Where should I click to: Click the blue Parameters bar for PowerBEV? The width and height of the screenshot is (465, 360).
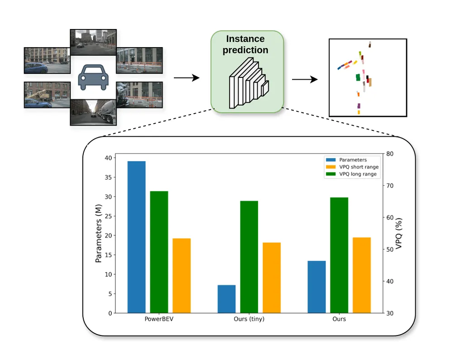tap(136, 237)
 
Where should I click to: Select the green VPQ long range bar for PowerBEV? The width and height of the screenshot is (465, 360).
tap(159, 252)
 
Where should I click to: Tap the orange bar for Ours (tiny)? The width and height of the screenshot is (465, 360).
tap(272, 278)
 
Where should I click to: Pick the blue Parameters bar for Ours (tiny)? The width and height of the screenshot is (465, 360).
tap(226, 299)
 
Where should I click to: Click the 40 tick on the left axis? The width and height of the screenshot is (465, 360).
tap(107, 158)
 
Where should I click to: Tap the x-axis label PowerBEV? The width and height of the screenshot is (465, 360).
tap(159, 319)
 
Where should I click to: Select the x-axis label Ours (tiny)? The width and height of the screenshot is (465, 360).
tap(249, 319)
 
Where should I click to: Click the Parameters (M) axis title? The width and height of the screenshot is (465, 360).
tap(98, 233)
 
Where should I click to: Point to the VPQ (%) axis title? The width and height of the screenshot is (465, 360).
tap(399, 234)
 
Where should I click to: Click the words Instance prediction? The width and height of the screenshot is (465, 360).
tap(245, 44)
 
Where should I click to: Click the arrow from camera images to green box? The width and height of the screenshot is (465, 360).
tap(187, 78)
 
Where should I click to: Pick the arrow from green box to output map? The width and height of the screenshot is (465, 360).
tap(305, 80)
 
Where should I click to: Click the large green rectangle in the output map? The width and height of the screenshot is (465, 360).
tap(358, 77)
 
